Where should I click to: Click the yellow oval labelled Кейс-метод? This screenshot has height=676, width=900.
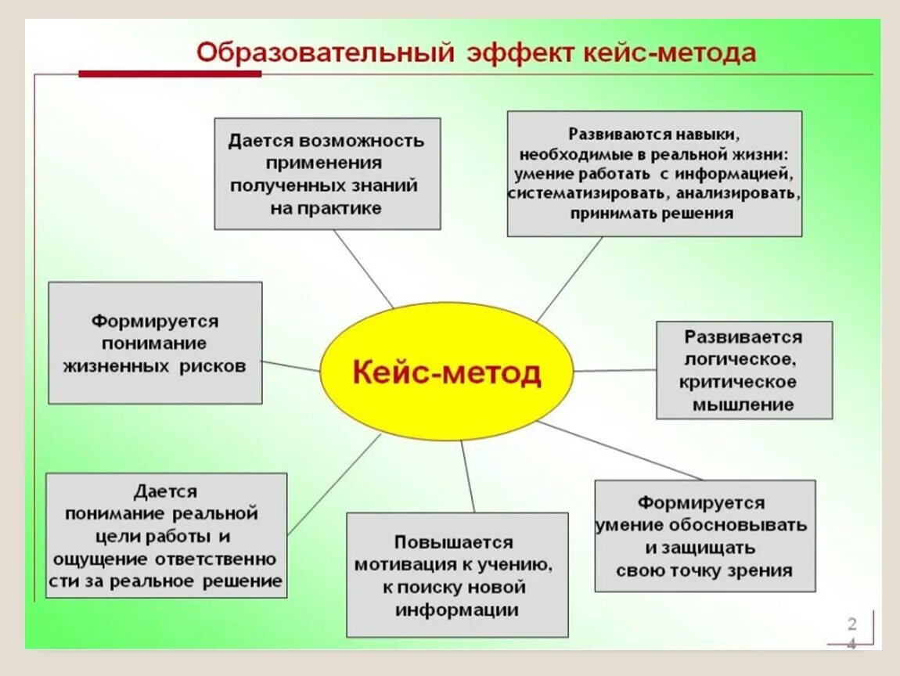(447, 372)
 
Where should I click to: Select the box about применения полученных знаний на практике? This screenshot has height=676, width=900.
(327, 174)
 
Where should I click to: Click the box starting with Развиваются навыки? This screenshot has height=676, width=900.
(654, 173)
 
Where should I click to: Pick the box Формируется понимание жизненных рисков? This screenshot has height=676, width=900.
(155, 343)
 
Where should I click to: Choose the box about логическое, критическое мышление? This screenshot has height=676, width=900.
(743, 370)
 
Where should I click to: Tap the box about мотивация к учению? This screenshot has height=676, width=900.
(457, 575)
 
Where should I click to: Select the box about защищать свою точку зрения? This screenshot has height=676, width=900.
(704, 536)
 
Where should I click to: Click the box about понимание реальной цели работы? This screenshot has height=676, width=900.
(166, 535)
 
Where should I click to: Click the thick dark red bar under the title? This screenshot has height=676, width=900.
(170, 74)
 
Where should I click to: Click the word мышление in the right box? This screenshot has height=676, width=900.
(743, 405)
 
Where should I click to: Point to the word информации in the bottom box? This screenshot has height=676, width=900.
(457, 609)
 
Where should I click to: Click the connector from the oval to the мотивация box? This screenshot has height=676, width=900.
(468, 476)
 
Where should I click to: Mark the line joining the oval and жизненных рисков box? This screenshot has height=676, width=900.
(291, 366)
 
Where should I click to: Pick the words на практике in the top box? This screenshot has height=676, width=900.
(326, 208)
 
